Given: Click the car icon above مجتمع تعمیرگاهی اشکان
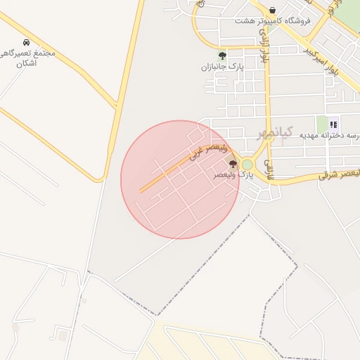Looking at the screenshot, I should point(27,43).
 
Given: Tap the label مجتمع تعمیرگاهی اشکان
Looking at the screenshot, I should point(28,58).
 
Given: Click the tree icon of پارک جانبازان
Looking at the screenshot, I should point(222,56).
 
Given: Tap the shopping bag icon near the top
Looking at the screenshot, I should point(272,11).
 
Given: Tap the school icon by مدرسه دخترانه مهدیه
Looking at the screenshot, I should point(333,124).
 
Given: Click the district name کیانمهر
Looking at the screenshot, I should point(272,132).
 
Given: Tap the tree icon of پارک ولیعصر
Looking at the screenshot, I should point(233,164).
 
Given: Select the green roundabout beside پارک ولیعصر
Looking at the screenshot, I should point(247,165).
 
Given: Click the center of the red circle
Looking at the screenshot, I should point(180,179).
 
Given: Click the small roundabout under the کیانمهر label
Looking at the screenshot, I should point(268,137).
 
